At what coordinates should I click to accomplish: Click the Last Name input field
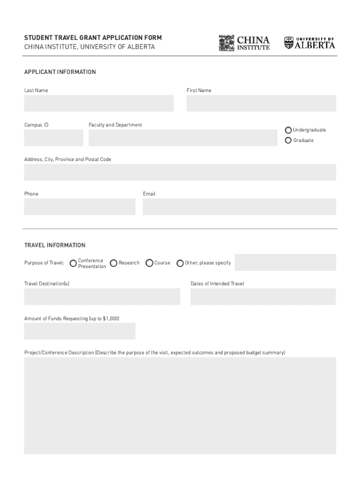point(99,103)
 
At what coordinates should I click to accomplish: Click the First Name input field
point(261,103)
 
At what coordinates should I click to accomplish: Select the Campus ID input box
point(54,138)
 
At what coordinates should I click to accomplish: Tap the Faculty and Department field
point(183,138)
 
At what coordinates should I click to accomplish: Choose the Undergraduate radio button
point(288,130)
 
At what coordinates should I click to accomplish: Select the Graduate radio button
point(288,140)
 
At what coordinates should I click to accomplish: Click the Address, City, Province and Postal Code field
point(180,172)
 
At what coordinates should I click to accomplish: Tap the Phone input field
point(79,207)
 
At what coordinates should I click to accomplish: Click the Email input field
point(239,207)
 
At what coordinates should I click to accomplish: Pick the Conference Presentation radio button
point(73,263)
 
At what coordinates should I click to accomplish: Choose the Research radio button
point(114,263)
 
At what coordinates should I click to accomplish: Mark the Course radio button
point(150,263)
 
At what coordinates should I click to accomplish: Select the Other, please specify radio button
point(180,263)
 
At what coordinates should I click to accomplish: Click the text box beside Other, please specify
point(285,262)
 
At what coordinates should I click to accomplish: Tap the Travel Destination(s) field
point(102,297)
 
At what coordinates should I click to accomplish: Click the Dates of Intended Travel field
point(263,297)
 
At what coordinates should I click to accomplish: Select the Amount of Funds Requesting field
point(79,331)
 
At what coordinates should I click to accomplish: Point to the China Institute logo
point(244,43)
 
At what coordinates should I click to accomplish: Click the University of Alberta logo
point(310,43)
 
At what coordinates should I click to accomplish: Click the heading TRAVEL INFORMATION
point(55,245)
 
